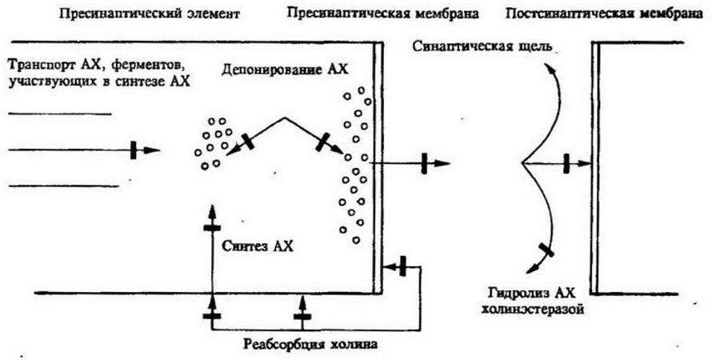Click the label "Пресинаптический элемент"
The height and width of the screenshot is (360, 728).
(150, 14)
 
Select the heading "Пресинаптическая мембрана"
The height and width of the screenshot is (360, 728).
(383, 13)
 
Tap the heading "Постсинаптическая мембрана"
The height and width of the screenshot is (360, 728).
(603, 13)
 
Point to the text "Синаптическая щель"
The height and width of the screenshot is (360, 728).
(482, 47)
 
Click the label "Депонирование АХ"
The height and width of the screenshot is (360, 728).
(285, 70)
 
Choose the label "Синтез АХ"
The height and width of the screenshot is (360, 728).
(258, 246)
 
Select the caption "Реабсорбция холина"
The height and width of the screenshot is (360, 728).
(310, 346)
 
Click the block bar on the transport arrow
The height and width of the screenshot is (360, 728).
(134, 150)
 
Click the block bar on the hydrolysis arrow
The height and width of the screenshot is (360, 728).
(546, 250)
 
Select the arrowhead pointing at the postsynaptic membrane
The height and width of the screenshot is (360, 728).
(585, 163)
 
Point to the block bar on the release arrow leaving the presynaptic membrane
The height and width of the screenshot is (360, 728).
(424, 163)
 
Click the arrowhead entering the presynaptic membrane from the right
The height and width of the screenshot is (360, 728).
(391, 266)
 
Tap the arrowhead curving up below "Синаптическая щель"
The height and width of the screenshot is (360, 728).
(550, 69)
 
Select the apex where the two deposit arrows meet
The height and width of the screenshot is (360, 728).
(284, 118)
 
